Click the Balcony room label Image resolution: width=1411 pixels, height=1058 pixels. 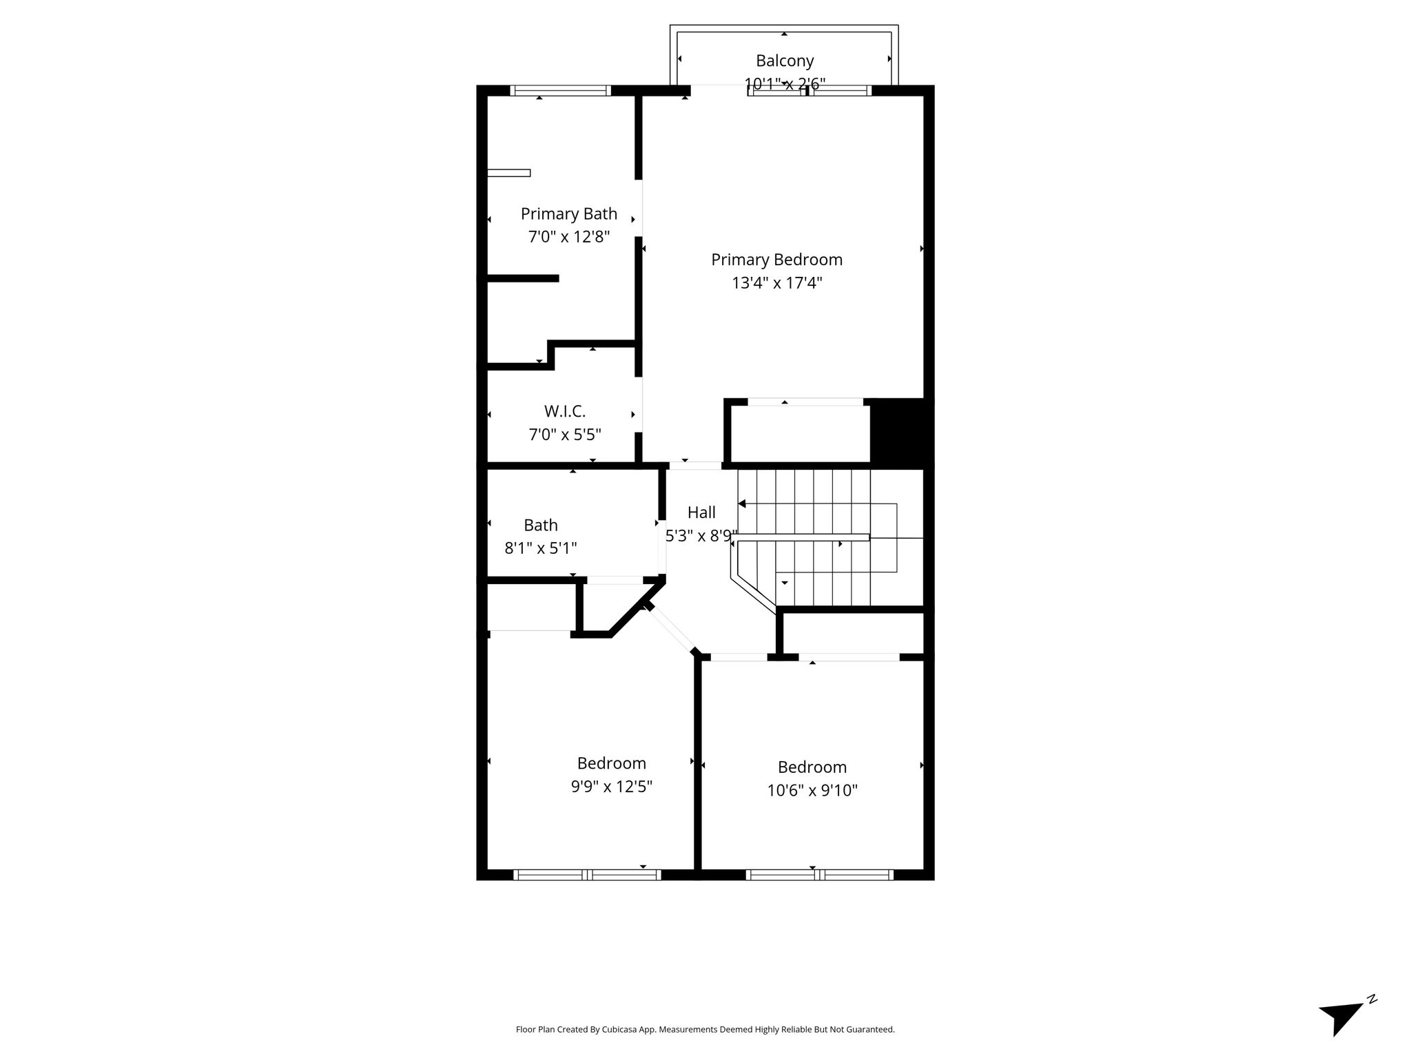coord(785,61)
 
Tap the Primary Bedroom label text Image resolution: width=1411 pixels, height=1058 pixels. coord(776,260)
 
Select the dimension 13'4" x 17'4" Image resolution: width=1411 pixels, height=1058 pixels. coord(776,283)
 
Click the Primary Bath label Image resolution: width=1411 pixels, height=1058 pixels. coord(568,214)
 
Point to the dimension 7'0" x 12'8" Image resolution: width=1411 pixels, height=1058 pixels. coord(568,237)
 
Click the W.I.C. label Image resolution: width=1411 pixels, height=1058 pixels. coord(565,411)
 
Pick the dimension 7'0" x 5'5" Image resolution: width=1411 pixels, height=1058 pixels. coord(565,435)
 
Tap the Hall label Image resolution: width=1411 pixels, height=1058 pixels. coord(701,512)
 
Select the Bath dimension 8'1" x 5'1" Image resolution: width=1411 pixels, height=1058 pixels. coord(541,548)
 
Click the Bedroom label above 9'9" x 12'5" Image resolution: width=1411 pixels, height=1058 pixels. coord(611,763)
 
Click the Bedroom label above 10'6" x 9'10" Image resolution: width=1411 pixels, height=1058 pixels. coord(812,767)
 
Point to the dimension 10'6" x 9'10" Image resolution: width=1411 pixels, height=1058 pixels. coord(812,790)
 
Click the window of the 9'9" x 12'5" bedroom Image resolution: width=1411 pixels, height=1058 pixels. coord(587,875)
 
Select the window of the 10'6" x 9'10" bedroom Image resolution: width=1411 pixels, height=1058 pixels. coord(819,875)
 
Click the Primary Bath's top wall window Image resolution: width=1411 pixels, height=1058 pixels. coord(560,90)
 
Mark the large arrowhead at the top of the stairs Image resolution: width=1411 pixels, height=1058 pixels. coord(742,504)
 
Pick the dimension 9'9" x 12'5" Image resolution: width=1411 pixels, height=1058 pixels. coord(611,787)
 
